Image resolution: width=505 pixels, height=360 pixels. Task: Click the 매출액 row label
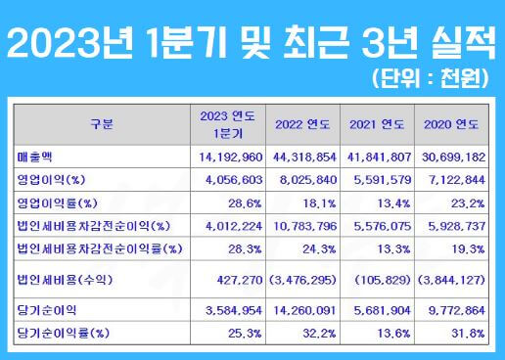point(35,156)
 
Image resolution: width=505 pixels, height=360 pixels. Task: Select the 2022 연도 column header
point(298,125)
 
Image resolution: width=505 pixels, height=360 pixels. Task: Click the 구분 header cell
point(101,125)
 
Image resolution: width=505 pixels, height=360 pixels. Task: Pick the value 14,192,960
point(226,156)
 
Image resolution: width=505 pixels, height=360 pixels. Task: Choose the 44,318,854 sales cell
point(298,156)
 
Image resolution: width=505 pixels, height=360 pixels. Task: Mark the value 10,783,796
point(298,227)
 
